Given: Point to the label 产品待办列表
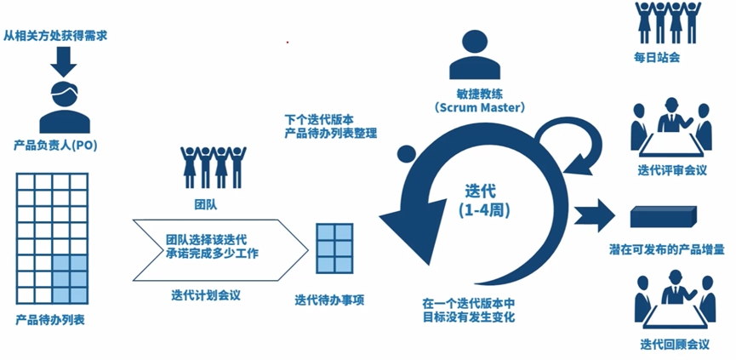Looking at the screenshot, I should click(x=50, y=320).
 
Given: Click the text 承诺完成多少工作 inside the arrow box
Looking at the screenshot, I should click(x=212, y=252).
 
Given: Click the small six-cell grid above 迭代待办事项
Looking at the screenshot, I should click(x=334, y=246).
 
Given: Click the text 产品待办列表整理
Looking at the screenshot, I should click(x=332, y=134).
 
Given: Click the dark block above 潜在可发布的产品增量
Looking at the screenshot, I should click(x=663, y=219).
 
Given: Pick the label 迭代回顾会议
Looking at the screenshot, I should click(x=675, y=344).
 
